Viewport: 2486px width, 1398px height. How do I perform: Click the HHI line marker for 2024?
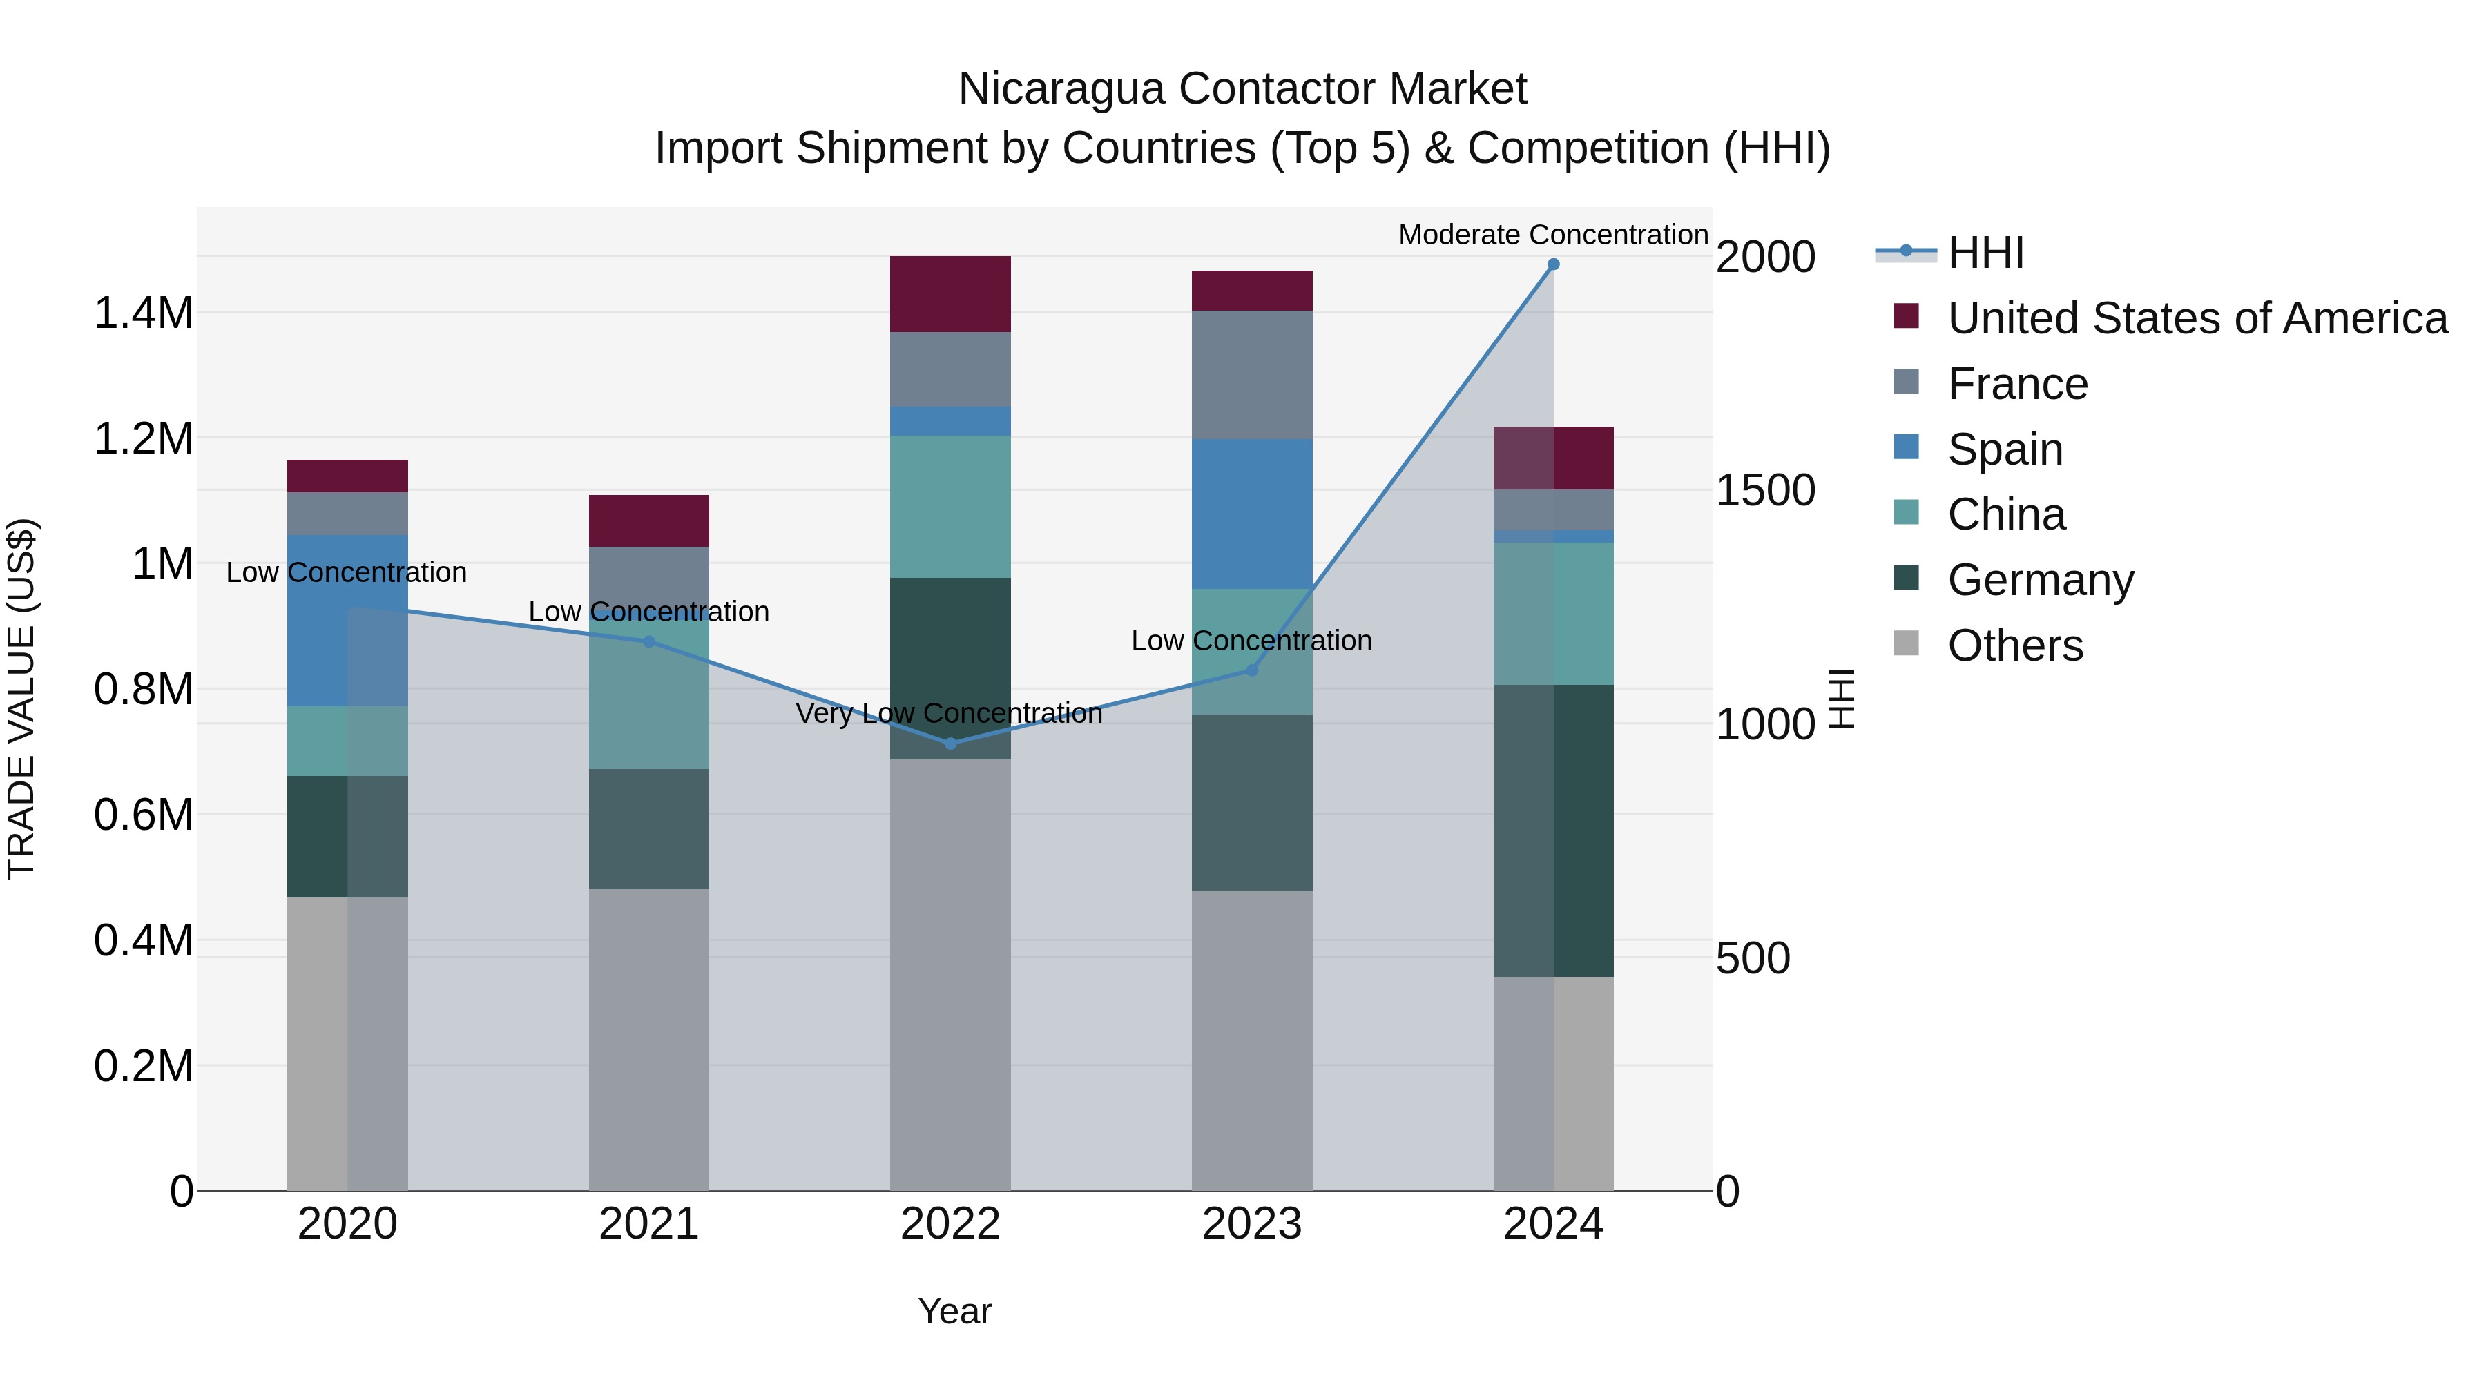[1553, 264]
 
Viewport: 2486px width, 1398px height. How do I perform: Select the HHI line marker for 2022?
[951, 744]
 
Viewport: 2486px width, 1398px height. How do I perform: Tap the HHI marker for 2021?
[648, 641]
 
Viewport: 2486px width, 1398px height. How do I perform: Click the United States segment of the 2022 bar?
[951, 294]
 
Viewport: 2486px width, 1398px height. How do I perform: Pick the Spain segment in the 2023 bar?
[1252, 514]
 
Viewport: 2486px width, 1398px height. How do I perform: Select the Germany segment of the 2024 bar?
[1553, 831]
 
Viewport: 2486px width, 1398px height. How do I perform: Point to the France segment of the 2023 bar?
[1252, 376]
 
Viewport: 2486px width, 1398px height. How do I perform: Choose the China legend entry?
[2005, 514]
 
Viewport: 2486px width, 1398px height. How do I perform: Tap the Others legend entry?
[2014, 645]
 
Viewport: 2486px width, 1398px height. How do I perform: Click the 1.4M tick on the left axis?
[144, 313]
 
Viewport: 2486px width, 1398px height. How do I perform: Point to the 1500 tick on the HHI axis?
[1765, 491]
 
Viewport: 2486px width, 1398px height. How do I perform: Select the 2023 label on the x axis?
[1252, 1224]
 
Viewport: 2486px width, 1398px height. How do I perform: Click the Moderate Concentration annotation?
[1553, 235]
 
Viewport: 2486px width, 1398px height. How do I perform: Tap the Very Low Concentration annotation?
[949, 714]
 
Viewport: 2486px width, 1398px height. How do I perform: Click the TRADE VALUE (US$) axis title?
[22, 699]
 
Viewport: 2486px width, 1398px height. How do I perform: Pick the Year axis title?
[954, 1311]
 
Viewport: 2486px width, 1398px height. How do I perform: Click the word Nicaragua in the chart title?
[1061, 89]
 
